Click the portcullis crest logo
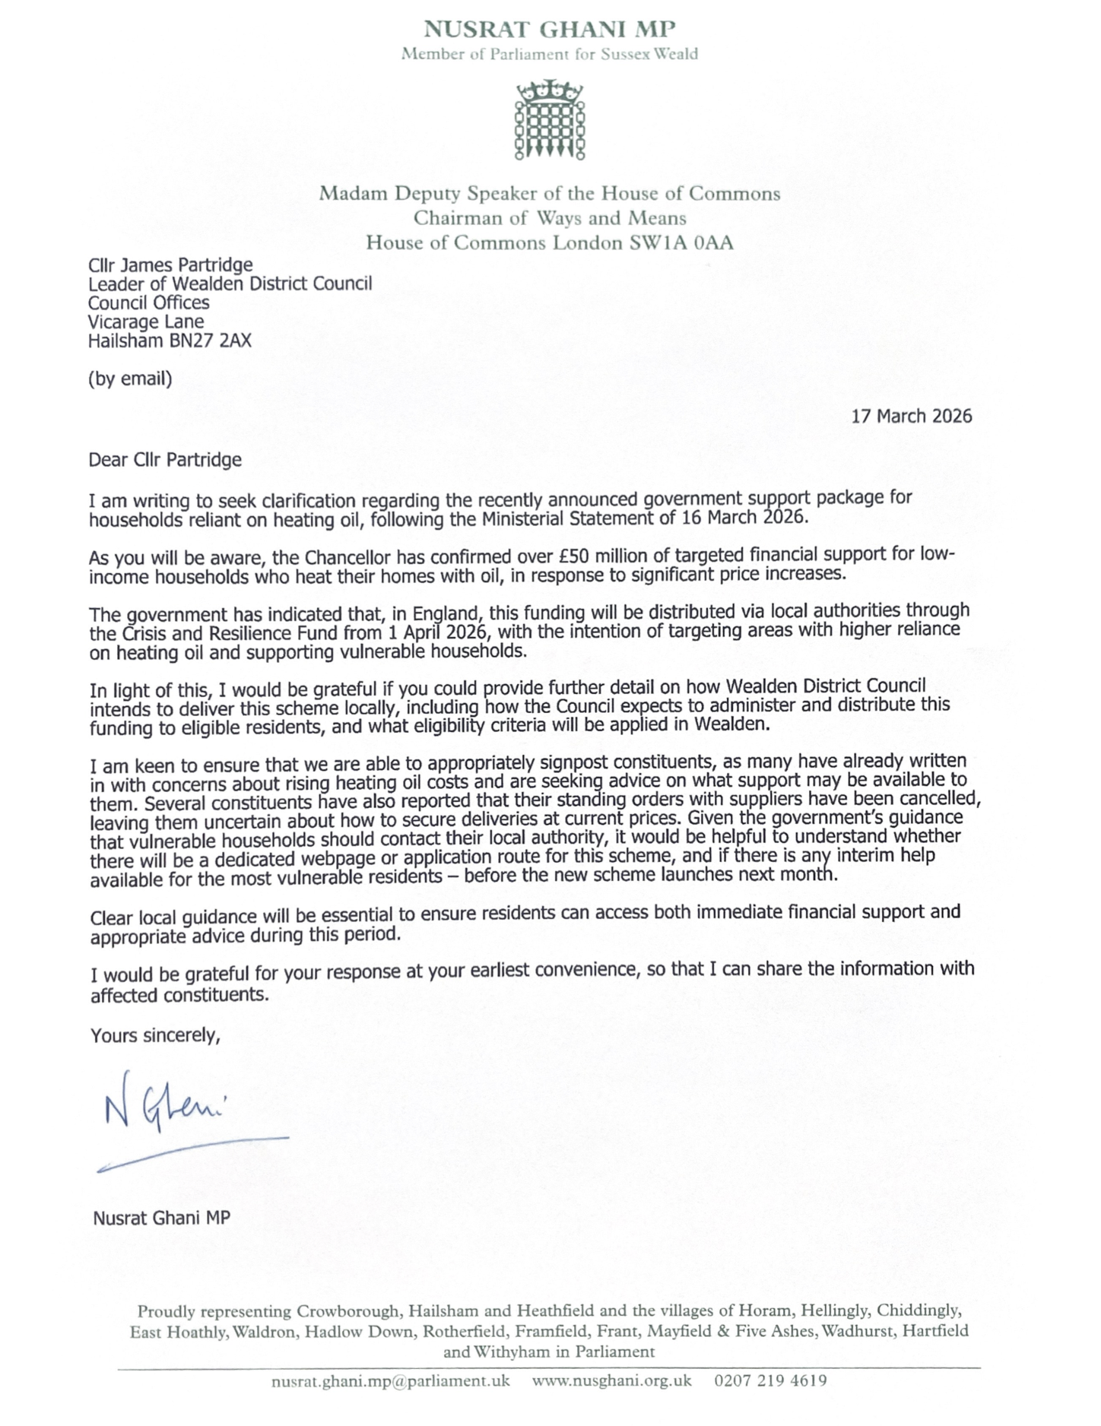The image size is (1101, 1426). pyautogui.click(x=550, y=120)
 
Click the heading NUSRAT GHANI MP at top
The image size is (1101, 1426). pyautogui.click(x=549, y=30)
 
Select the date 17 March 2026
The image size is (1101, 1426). pyautogui.click(x=911, y=416)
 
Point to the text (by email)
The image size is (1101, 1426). pyautogui.click(x=130, y=379)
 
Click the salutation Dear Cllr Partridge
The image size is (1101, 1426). pyautogui.click(x=165, y=460)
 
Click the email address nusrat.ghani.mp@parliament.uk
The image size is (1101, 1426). pyautogui.click(x=390, y=1380)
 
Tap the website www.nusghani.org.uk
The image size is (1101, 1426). pyautogui.click(x=611, y=1380)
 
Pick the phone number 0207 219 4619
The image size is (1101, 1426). pyautogui.click(x=770, y=1380)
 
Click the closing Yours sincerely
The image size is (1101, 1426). pyautogui.click(x=155, y=1035)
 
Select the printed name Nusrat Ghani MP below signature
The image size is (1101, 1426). pyautogui.click(x=161, y=1218)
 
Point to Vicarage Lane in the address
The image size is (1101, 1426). pyautogui.click(x=146, y=322)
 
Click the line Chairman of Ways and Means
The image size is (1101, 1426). pyautogui.click(x=550, y=218)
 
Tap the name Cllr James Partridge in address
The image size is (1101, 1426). pyautogui.click(x=170, y=265)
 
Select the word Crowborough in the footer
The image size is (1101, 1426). pyautogui.click(x=347, y=1311)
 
